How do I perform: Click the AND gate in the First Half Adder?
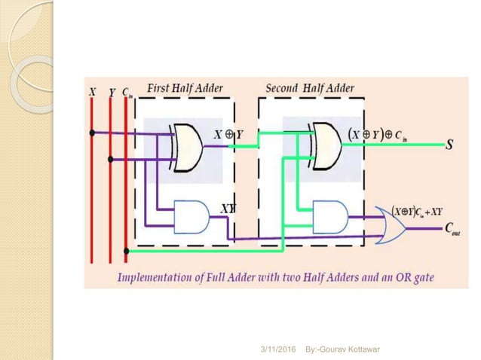(190, 215)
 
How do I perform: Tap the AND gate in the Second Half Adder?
(329, 215)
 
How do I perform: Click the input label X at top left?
(92, 91)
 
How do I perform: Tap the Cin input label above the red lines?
(127, 92)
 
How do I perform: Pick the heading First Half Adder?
(185, 88)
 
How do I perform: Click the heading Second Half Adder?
(310, 88)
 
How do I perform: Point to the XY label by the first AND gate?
(227, 206)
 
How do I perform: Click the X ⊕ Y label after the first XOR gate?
(228, 134)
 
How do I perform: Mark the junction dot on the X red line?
(92, 133)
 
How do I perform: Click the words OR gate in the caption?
(411, 277)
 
